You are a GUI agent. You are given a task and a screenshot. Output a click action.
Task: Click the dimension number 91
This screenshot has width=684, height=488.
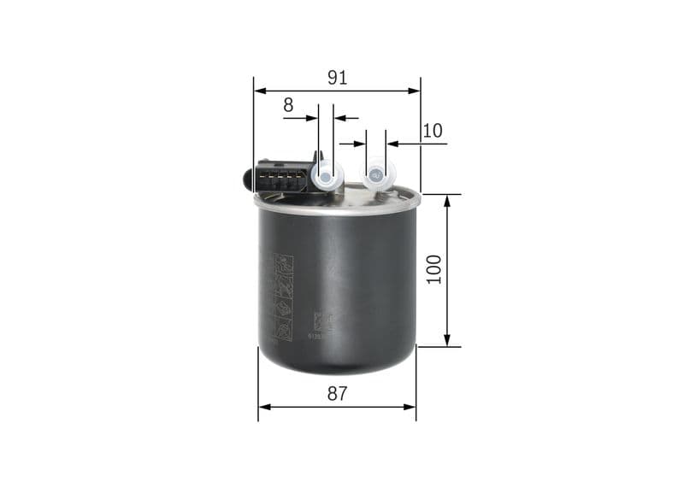pos(337,78)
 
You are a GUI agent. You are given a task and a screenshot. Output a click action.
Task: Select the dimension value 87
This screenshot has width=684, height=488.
pos(337,394)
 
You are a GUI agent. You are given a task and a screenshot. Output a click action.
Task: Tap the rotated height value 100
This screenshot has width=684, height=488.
pos(434,269)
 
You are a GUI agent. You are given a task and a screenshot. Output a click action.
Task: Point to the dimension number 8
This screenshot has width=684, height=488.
pos(288,105)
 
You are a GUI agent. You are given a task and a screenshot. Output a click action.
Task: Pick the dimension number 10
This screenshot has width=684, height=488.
pos(433,131)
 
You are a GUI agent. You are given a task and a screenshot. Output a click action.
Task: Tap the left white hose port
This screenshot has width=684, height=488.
pos(326,177)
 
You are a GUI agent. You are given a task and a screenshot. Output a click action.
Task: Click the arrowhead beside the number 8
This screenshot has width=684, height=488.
pos(312,118)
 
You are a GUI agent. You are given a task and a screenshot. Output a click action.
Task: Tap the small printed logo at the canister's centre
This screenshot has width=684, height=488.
pos(321,322)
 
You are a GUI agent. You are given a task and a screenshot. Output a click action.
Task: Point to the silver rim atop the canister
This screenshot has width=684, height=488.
pos(337,205)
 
